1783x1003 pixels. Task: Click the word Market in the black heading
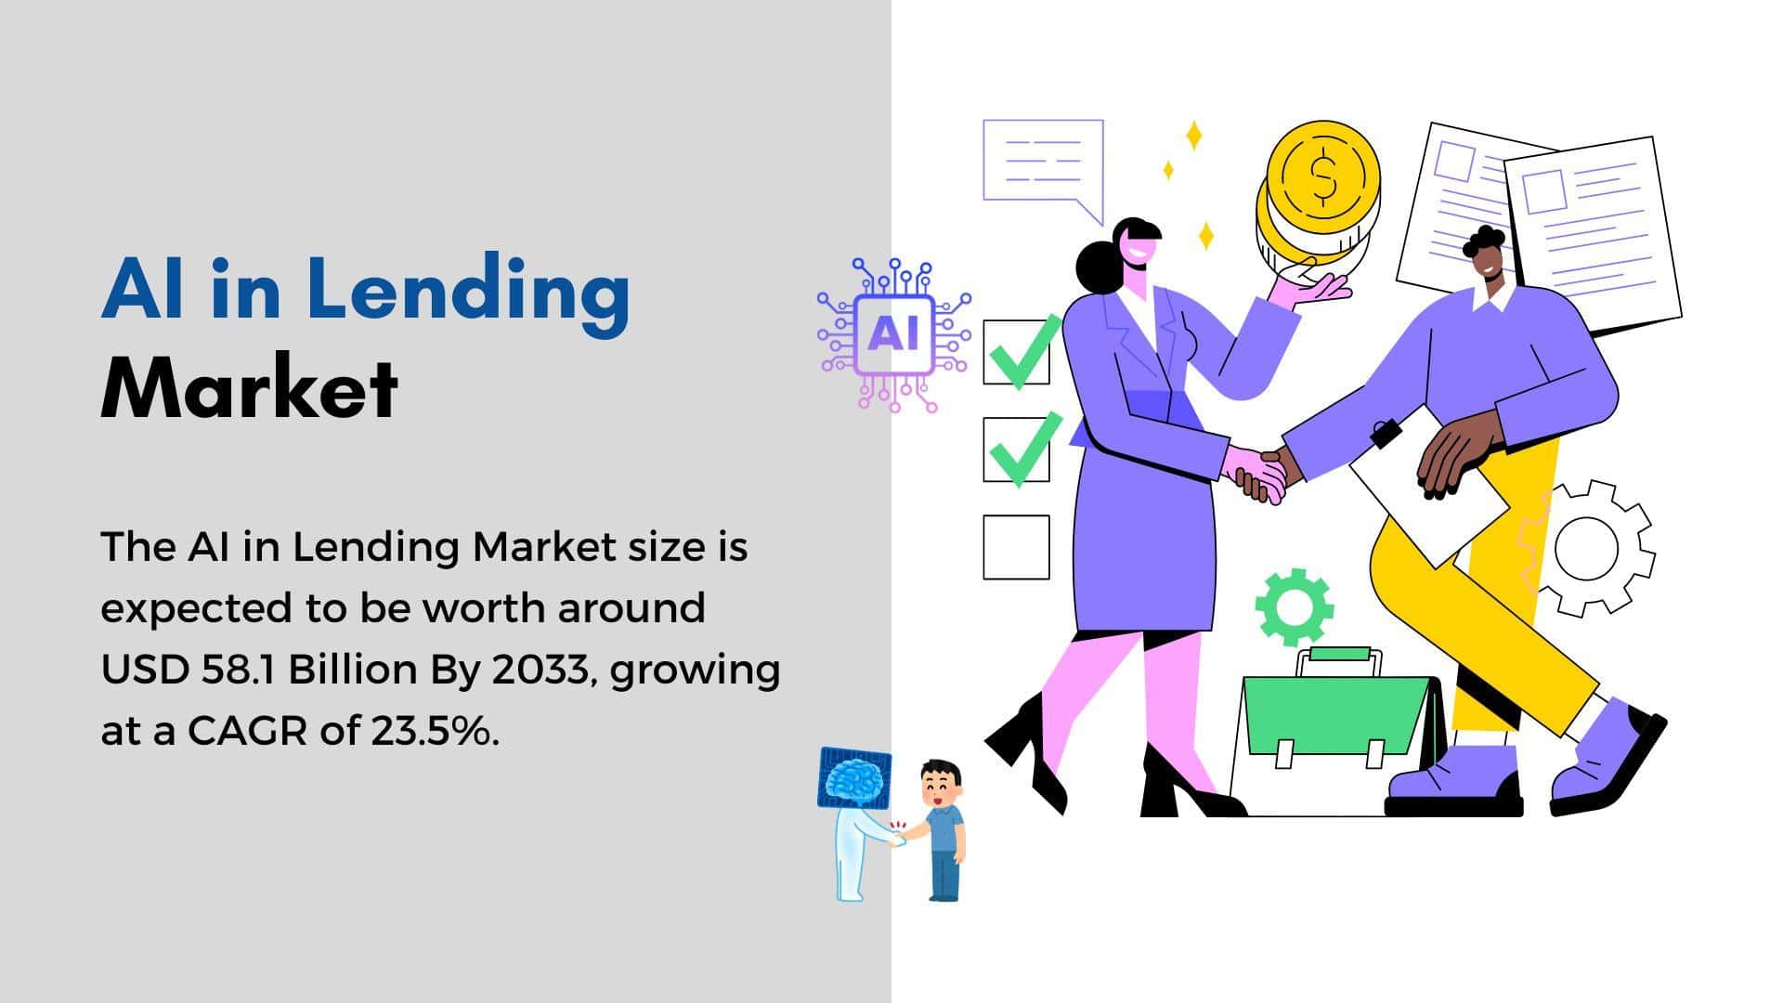coord(250,387)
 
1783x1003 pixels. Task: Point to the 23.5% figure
coord(435,732)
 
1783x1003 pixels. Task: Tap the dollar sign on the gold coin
coord(1323,177)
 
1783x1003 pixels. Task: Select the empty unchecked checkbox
coord(1016,548)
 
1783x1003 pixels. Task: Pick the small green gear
coord(1294,606)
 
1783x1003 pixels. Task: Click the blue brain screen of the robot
coord(853,778)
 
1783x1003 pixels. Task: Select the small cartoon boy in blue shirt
coord(940,830)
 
